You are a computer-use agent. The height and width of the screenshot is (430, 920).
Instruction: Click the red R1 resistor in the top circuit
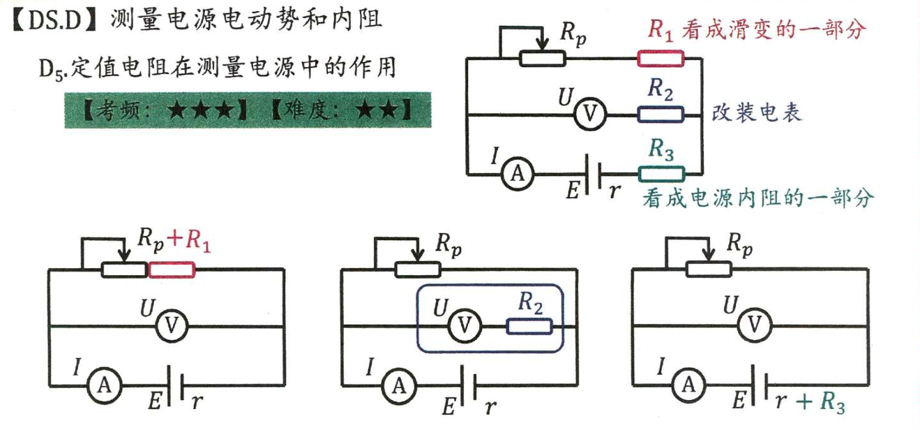(x=661, y=59)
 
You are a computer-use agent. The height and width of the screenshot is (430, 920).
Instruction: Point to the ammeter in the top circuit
(x=517, y=174)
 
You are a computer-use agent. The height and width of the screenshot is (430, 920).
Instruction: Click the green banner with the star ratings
(x=248, y=110)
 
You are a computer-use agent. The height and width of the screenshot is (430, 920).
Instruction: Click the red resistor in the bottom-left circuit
(x=172, y=269)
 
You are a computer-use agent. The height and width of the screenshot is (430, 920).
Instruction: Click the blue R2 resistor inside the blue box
(x=529, y=326)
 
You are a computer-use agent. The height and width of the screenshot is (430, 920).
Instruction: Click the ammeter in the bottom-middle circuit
(x=398, y=385)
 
